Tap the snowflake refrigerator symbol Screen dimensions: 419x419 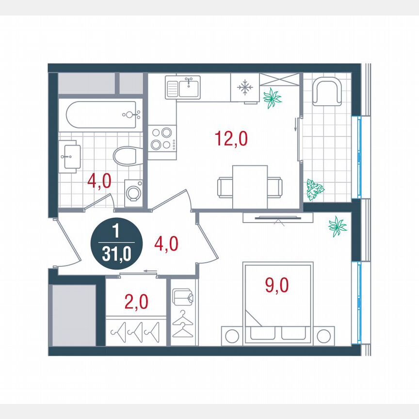click(x=245, y=88)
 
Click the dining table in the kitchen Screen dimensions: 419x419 click(x=250, y=187)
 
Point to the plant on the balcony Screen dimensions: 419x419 click(x=315, y=190)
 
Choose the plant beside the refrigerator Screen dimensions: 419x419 click(x=272, y=97)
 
